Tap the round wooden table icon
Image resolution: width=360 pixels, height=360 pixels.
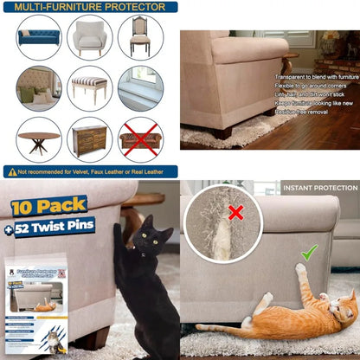point(38,138)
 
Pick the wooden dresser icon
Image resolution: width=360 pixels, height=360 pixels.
point(89,138)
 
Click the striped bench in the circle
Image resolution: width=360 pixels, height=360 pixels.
point(89,87)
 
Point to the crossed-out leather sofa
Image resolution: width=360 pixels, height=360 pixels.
point(139,138)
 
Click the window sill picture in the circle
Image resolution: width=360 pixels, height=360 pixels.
point(139,87)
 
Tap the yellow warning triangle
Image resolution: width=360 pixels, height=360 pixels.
point(11,171)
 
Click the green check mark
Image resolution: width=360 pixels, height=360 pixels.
point(309,252)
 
